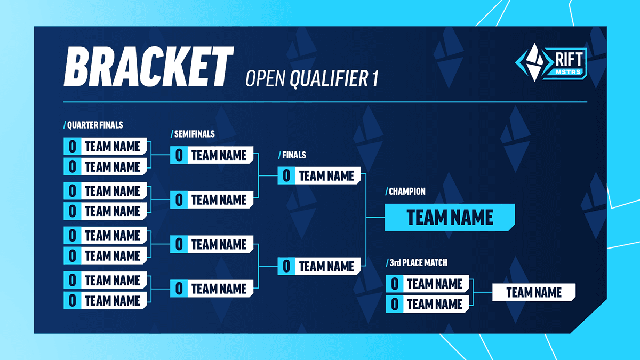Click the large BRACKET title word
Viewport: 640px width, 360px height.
pyautogui.click(x=148, y=67)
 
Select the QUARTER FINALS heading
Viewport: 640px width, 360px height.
pyautogui.click(x=94, y=125)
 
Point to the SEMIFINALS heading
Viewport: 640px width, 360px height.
pyautogui.click(x=193, y=134)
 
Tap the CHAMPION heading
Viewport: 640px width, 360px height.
pyautogui.click(x=406, y=191)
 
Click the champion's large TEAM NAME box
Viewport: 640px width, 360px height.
pyautogui.click(x=450, y=217)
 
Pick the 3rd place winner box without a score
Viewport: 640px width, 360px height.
pyautogui.click(x=534, y=292)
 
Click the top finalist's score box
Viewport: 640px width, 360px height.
pyautogui.click(x=286, y=175)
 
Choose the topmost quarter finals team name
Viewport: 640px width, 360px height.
pyautogui.click(x=113, y=146)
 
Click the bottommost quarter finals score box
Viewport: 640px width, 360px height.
pyautogui.click(x=72, y=300)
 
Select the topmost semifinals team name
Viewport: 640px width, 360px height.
pyautogui.click(x=219, y=155)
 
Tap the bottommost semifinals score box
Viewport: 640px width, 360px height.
pyautogui.click(x=179, y=289)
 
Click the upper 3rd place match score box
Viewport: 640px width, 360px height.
pyautogui.click(x=394, y=284)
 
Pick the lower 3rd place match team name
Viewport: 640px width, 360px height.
pyautogui.click(x=434, y=304)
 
